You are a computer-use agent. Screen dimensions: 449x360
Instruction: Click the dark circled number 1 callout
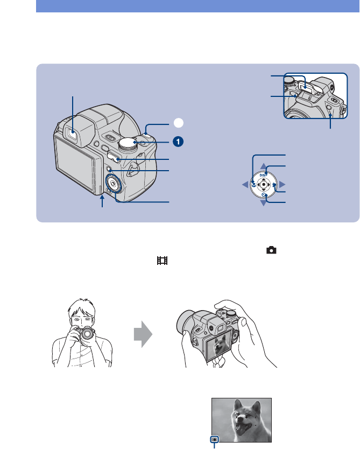point(178,141)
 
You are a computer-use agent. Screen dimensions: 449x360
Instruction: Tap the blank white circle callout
point(178,123)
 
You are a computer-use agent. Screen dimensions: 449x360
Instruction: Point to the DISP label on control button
point(263,175)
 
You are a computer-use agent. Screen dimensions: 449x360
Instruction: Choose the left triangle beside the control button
point(244,185)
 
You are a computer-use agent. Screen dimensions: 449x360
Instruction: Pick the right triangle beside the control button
point(281,185)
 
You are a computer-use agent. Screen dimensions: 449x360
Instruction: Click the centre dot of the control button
point(263,185)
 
